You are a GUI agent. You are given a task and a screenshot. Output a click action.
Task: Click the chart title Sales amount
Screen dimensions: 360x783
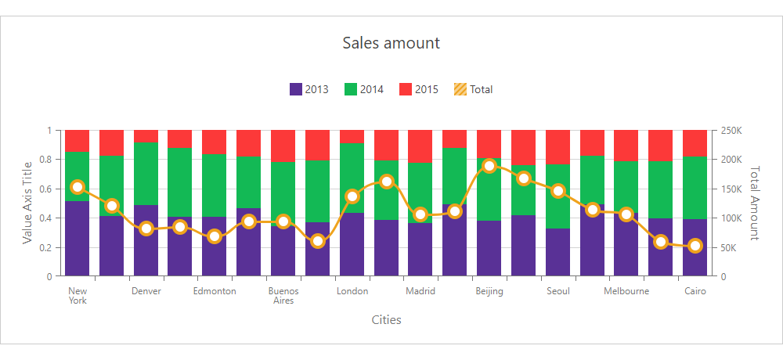pyautogui.click(x=391, y=42)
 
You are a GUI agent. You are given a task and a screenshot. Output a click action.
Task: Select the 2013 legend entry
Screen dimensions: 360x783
pyautogui.click(x=309, y=89)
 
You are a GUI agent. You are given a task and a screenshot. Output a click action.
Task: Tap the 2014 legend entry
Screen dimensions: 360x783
pyautogui.click(x=364, y=89)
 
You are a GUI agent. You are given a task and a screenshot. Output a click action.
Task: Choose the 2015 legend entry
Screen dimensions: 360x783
pyautogui.click(x=419, y=89)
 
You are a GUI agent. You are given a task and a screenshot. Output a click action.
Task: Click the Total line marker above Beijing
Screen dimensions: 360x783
pyautogui.click(x=489, y=166)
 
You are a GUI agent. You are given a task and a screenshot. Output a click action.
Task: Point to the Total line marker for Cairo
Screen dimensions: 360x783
pyautogui.click(x=695, y=246)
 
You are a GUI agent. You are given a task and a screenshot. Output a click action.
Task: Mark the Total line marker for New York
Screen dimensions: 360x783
pyautogui.click(x=78, y=187)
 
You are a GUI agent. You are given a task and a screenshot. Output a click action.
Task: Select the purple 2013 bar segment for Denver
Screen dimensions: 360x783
pyautogui.click(x=146, y=241)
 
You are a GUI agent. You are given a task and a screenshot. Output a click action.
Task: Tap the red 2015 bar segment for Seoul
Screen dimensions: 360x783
pyautogui.click(x=558, y=146)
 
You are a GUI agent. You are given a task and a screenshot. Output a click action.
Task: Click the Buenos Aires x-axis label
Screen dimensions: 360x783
pyautogui.click(x=283, y=296)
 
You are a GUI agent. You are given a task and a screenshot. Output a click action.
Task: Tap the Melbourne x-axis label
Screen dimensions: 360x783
pyautogui.click(x=626, y=291)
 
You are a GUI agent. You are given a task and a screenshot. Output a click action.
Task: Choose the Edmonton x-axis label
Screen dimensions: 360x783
pyautogui.click(x=215, y=291)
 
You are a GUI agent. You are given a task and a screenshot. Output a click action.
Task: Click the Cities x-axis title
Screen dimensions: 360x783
pyautogui.click(x=387, y=319)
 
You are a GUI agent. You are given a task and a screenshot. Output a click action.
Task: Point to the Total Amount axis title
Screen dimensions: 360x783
pyautogui.click(x=755, y=203)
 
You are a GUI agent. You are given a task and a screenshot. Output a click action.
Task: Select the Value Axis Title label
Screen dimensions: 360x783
pyautogui.click(x=27, y=203)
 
